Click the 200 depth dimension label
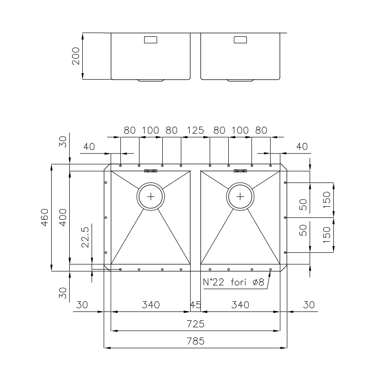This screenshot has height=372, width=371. [x=76, y=56]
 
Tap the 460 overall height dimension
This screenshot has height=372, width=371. [x=45, y=217]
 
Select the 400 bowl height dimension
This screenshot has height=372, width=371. [x=63, y=217]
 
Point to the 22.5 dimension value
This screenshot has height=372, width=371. [x=85, y=237]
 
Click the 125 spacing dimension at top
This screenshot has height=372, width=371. [x=195, y=130]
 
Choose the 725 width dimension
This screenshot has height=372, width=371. [x=195, y=324]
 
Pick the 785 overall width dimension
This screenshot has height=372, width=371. [x=195, y=341]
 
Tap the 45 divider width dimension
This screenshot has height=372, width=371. [x=196, y=304]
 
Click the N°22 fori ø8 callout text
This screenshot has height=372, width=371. [x=233, y=282]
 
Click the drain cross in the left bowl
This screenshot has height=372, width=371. [x=151, y=196]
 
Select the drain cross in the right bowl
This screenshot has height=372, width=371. [x=240, y=196]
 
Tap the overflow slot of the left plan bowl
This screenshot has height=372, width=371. [x=151, y=171]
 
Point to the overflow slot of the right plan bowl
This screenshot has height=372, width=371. [x=240, y=171]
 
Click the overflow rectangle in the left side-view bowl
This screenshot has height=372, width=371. [x=151, y=40]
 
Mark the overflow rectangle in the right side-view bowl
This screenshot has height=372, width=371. [x=240, y=40]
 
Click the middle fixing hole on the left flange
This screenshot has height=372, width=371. [x=106, y=217]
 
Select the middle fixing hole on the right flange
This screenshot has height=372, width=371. [x=285, y=217]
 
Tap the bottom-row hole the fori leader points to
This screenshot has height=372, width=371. [x=271, y=270]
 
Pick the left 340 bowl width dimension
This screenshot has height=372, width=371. [x=151, y=304]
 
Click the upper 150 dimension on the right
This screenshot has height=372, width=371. [x=326, y=200]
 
